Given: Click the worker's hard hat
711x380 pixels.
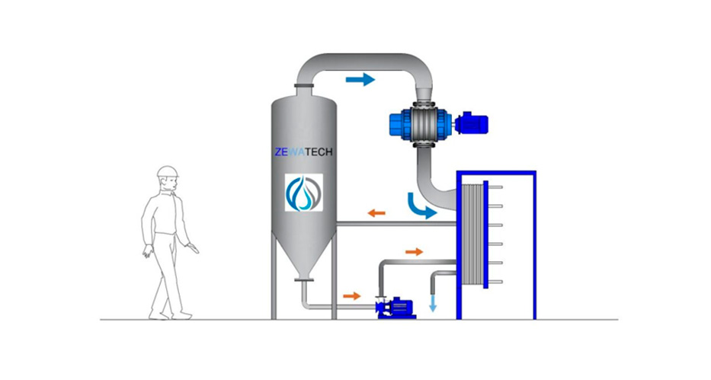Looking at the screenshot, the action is pyautogui.click(x=168, y=171).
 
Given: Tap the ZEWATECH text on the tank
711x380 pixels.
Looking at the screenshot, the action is pyautogui.click(x=303, y=152).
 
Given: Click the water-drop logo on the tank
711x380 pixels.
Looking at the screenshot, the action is pyautogui.click(x=304, y=193).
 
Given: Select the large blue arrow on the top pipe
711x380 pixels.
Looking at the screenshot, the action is pyautogui.click(x=360, y=80).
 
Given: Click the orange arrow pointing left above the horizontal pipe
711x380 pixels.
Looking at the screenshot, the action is pyautogui.click(x=376, y=212).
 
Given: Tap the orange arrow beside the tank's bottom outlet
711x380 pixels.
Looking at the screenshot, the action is pyautogui.click(x=352, y=296).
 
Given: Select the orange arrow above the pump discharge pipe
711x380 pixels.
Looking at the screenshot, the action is pyautogui.click(x=414, y=251).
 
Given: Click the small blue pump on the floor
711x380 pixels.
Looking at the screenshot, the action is pyautogui.click(x=396, y=308).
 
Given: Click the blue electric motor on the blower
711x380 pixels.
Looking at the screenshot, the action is pyautogui.click(x=472, y=123).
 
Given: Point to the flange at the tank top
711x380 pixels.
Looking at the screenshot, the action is pyautogui.click(x=304, y=85).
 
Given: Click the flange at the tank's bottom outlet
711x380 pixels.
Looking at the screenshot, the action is pyautogui.click(x=304, y=280).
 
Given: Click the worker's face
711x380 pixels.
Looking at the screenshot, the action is pyautogui.click(x=170, y=184).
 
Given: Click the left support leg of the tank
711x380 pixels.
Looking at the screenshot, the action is pyautogui.click(x=274, y=276).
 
